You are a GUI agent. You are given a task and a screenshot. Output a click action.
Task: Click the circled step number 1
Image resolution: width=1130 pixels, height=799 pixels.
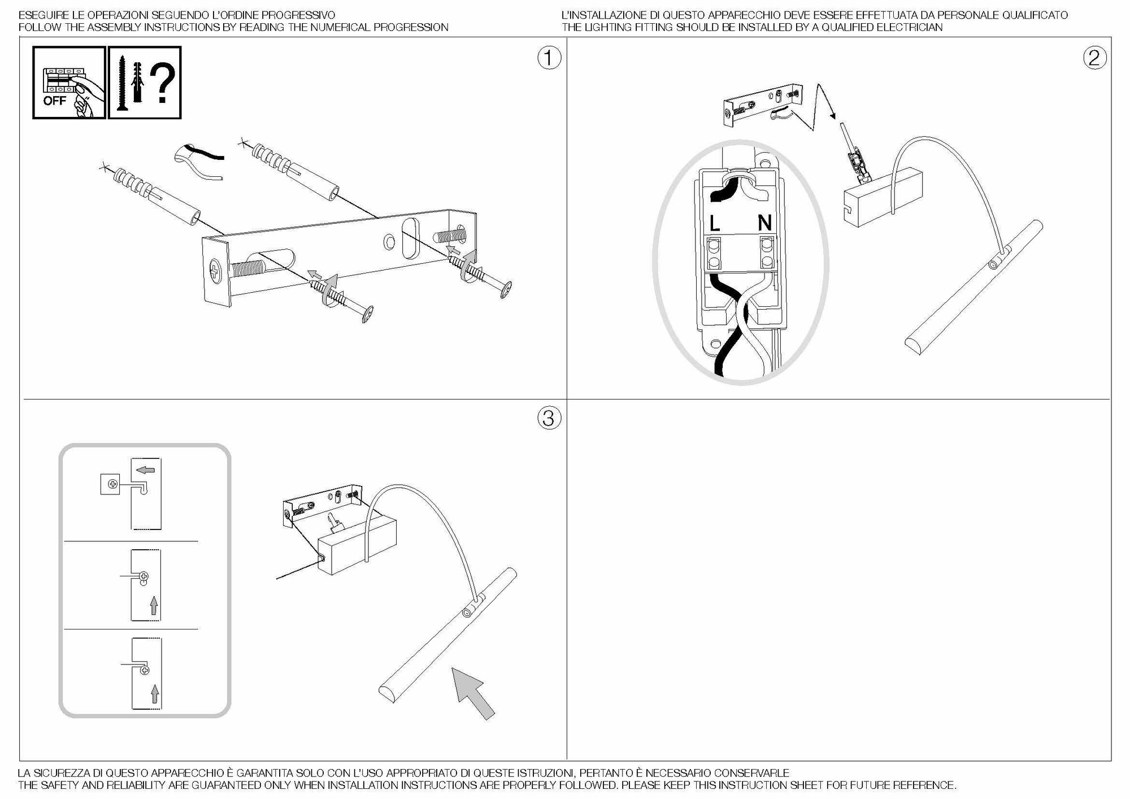[x=549, y=58]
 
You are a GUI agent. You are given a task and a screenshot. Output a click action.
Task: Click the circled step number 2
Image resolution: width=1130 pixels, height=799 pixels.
[x=1094, y=58]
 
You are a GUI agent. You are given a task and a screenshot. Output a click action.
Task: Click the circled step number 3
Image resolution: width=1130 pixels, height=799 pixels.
[x=549, y=418]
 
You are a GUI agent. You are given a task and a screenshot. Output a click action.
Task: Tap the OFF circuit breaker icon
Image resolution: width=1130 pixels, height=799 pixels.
[x=69, y=82]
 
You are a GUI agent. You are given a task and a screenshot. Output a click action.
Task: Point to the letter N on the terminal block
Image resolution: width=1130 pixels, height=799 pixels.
[x=764, y=223]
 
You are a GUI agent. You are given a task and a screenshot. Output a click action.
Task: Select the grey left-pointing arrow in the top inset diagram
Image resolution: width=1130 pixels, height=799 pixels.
[x=146, y=470]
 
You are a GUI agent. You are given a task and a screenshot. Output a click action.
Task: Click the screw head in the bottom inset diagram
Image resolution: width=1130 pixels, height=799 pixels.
[x=145, y=670]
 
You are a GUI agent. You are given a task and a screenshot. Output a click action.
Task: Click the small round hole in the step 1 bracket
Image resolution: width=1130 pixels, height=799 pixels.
[x=389, y=243]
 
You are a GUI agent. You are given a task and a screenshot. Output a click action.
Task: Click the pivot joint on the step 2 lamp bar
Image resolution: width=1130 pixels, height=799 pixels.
[x=994, y=265]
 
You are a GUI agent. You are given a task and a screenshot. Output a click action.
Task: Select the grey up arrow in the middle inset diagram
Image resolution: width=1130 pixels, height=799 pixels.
[x=153, y=607]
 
